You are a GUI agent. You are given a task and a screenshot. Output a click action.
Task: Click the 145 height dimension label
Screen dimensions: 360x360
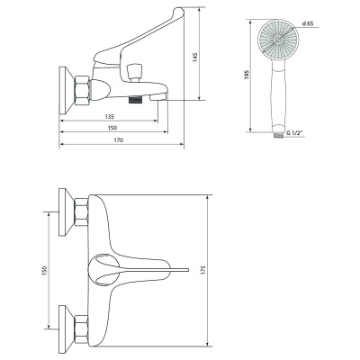coord(195,58)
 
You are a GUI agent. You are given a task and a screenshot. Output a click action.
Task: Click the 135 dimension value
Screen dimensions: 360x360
coord(110,116)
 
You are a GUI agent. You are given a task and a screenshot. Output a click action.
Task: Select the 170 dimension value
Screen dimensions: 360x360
coord(119,140)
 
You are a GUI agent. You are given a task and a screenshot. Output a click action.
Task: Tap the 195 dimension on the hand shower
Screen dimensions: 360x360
coord(247,75)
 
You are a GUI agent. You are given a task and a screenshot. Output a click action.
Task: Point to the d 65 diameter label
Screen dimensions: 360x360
coord(308,23)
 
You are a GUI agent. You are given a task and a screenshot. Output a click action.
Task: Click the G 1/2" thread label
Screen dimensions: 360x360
coord(293,133)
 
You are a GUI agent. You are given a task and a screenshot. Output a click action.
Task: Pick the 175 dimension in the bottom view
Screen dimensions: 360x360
coord(203,270)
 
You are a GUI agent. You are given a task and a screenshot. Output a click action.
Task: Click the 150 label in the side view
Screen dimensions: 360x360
coord(112,128)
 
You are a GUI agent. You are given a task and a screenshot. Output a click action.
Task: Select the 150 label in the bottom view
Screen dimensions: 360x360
coord(45,271)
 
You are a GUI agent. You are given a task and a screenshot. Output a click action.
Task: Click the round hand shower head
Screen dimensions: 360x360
coord(278,39)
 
